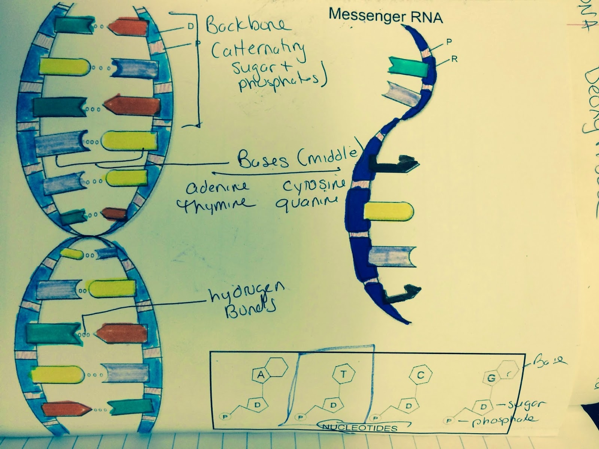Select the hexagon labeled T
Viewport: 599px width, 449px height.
pyautogui.click(x=344, y=373)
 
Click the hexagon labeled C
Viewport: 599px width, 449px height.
pyautogui.click(x=420, y=375)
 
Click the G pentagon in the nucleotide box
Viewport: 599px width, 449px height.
pyautogui.click(x=491, y=378)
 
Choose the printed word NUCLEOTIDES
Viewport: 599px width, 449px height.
pyautogui.click(x=360, y=427)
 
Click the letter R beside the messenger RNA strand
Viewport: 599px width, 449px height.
pyautogui.click(x=454, y=59)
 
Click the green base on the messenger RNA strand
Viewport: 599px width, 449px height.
pyautogui.click(x=408, y=67)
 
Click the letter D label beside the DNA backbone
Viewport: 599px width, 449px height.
pyautogui.click(x=191, y=27)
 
